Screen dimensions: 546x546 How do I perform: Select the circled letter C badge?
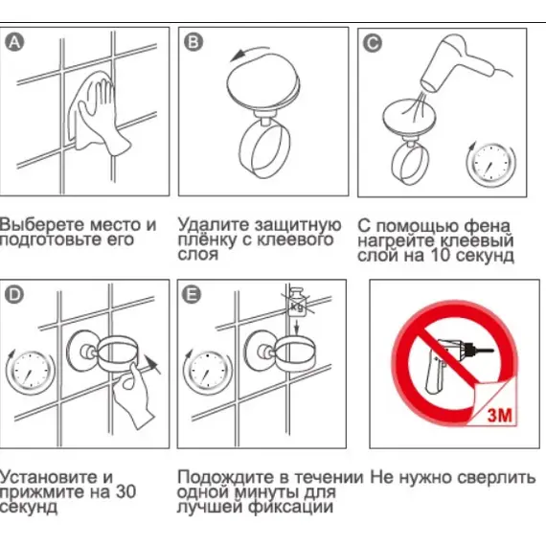point(373,42)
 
